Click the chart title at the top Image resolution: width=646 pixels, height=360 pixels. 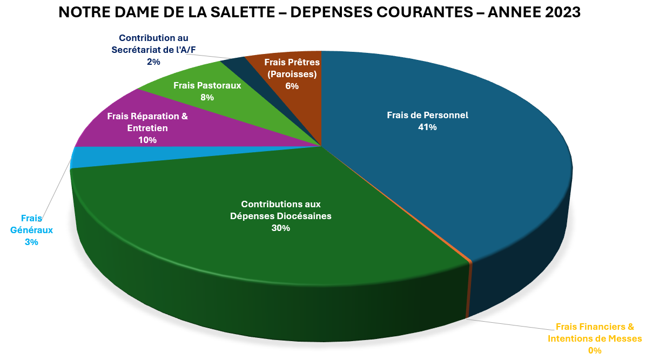[x=319, y=12]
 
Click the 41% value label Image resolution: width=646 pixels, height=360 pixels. [x=427, y=127]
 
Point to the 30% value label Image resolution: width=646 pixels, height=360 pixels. [x=281, y=228]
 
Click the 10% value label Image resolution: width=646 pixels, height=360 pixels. [x=147, y=140]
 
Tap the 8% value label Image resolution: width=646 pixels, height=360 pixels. [x=207, y=98]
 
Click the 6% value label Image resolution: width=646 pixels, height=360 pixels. [x=292, y=86]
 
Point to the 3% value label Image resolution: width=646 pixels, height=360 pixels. [x=31, y=242]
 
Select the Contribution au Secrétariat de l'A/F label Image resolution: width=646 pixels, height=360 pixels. [x=153, y=44]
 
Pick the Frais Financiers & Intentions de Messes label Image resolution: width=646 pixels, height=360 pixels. [x=595, y=332]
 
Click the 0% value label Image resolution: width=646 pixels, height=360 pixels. [x=595, y=351]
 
